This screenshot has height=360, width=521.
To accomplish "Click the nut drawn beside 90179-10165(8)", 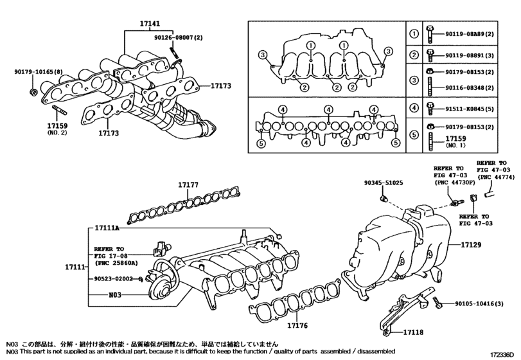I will (32, 94).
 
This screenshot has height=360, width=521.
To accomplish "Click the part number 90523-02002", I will (112, 279).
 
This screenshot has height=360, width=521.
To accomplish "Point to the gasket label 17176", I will (297, 325).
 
